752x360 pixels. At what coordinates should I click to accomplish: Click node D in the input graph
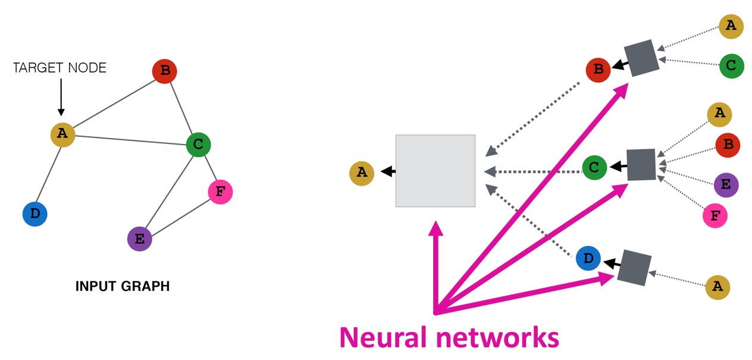coord(35,214)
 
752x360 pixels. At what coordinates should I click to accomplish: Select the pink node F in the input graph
coord(220,192)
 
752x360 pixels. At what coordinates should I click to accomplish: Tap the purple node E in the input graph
coord(140,239)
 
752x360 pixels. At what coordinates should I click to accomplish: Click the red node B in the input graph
coord(165,72)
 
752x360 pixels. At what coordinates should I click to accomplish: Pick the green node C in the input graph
coord(198,144)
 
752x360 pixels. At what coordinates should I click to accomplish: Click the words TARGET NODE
coord(59,68)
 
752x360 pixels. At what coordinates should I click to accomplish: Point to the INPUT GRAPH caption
coord(123,286)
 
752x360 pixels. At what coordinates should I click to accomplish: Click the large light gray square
coord(435,171)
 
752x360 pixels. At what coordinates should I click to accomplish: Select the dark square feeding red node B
coord(641,58)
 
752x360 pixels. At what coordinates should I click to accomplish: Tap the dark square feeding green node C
coord(641,165)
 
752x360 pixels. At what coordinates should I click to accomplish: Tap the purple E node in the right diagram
coord(726,184)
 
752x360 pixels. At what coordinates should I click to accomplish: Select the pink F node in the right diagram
coord(715,215)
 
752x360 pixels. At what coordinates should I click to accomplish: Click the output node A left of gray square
coord(362,173)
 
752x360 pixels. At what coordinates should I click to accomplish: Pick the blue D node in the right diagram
coord(588,259)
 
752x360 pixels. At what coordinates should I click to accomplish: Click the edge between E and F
coord(180,216)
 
